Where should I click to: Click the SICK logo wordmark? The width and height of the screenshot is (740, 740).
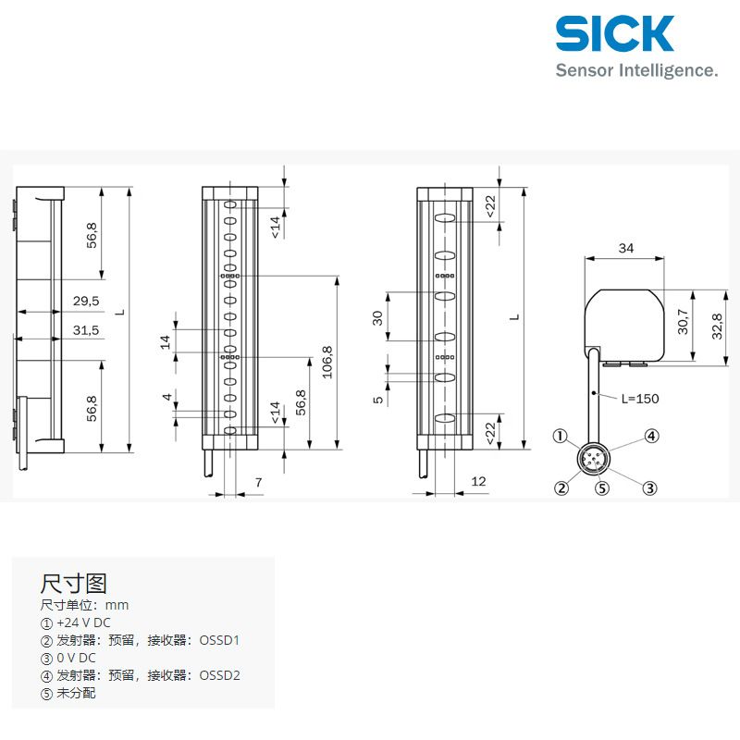click(x=615, y=33)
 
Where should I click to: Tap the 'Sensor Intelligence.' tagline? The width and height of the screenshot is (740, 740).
click(x=636, y=70)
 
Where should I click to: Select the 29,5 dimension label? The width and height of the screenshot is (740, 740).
click(x=86, y=301)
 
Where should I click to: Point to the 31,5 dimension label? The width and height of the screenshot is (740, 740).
click(x=86, y=330)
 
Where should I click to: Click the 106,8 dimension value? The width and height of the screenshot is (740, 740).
click(x=327, y=362)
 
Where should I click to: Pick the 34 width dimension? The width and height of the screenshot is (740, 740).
click(x=626, y=248)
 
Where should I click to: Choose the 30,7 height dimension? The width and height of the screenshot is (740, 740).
click(x=683, y=321)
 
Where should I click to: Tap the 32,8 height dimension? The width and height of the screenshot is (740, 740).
click(x=717, y=327)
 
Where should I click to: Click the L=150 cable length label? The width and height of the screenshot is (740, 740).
click(x=640, y=399)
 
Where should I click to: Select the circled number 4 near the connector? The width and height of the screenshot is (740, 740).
click(x=652, y=436)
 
